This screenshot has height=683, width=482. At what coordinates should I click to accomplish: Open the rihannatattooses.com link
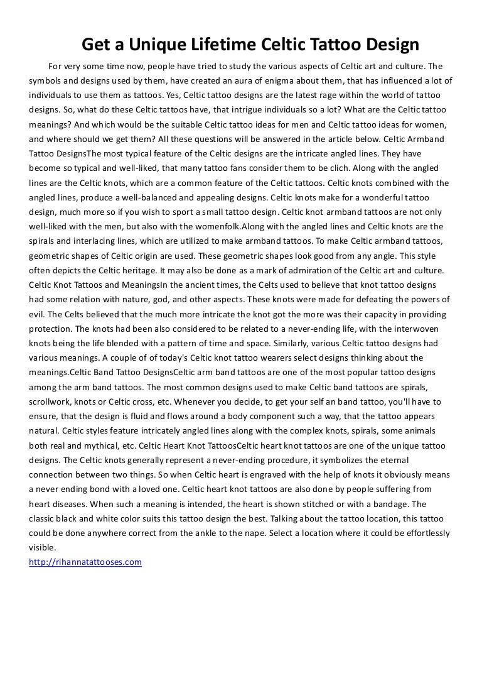pyautogui.click(x=85, y=562)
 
